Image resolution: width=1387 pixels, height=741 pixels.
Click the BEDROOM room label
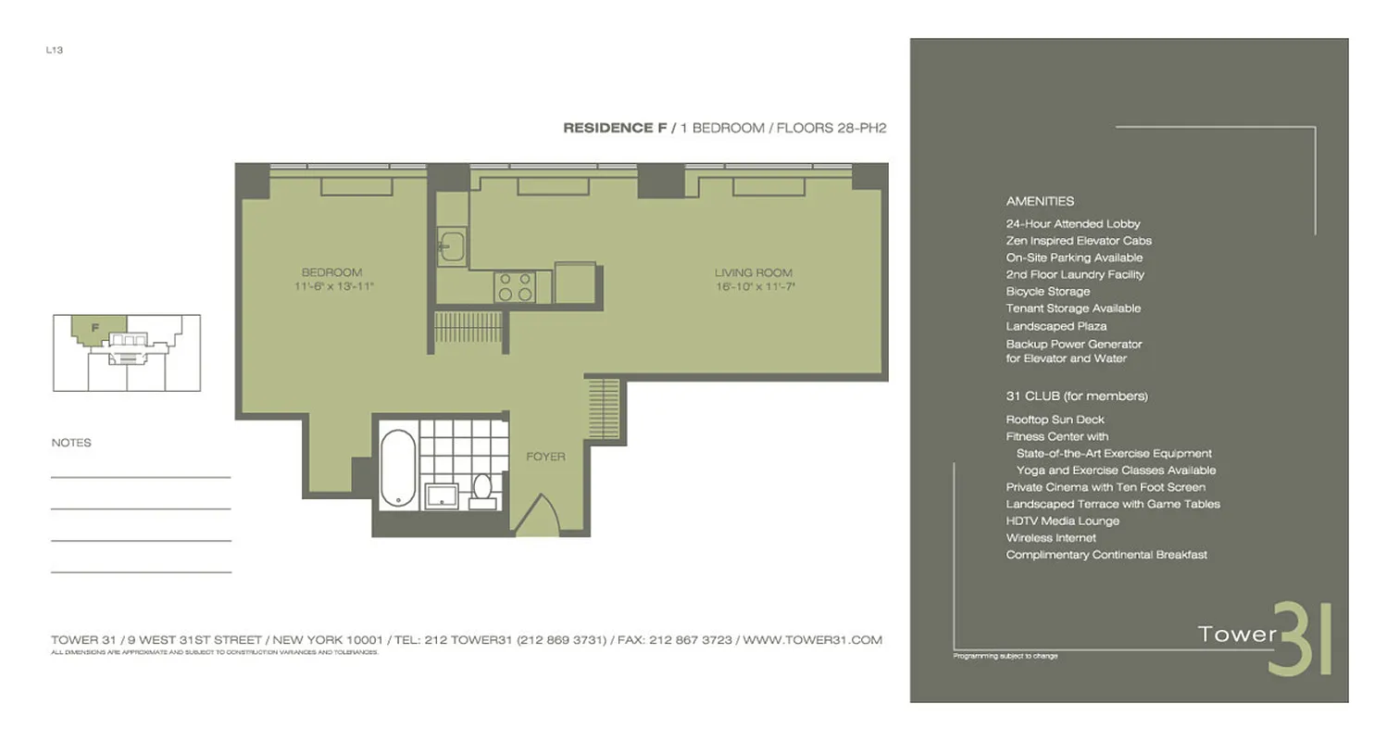[x=331, y=272]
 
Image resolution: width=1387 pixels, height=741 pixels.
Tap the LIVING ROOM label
[x=754, y=272]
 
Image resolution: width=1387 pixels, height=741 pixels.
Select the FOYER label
[x=545, y=457]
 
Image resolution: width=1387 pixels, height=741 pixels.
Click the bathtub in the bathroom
[x=398, y=468]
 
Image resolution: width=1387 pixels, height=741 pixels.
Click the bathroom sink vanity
[x=441, y=496]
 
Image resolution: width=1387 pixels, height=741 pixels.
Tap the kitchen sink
[x=453, y=245]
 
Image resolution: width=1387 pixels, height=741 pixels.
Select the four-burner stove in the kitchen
[x=516, y=287]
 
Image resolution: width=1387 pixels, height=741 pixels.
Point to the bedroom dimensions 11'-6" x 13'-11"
[x=331, y=287]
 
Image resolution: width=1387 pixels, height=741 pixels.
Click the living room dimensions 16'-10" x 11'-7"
[x=754, y=287]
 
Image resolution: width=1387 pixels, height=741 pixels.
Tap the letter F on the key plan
[x=95, y=326]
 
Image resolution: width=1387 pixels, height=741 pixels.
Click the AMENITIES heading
[x=1040, y=201]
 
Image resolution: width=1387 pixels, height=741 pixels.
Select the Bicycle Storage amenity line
[x=1047, y=292]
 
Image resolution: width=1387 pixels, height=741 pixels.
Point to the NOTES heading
[x=71, y=443]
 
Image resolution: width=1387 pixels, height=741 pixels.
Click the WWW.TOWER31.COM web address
[x=813, y=640]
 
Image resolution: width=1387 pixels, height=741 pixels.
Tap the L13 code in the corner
[x=53, y=50]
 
